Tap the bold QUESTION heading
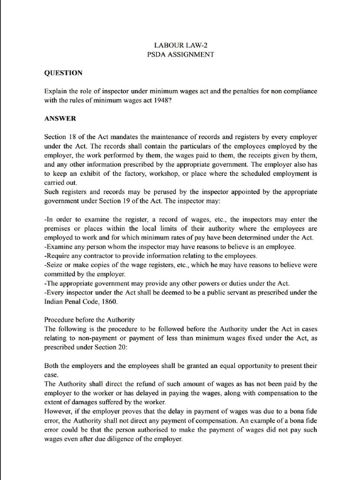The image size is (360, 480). click(x=63, y=73)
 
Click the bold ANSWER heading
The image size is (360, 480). click(x=60, y=119)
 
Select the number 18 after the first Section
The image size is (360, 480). click(x=74, y=137)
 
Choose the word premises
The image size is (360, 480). click(x=58, y=228)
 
